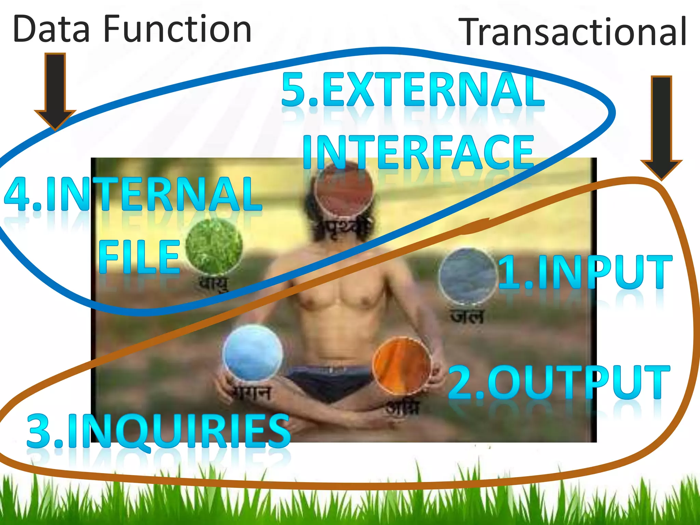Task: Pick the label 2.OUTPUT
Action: pos(559,382)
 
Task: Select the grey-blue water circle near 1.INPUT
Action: pos(467,276)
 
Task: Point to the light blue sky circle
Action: pos(252,353)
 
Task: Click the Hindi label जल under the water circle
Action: pos(467,317)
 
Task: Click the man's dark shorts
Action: pos(328,381)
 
